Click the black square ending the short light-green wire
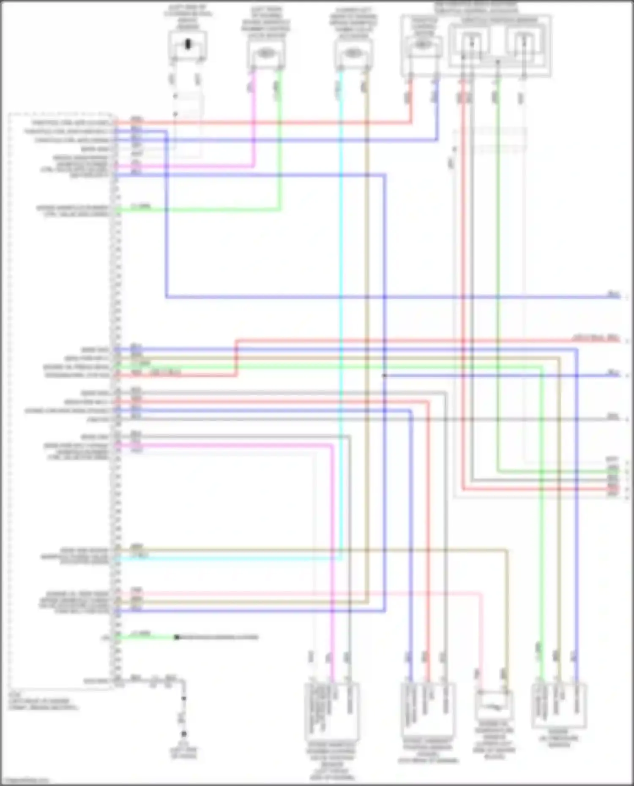177,637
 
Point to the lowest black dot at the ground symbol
184,734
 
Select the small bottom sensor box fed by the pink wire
494,704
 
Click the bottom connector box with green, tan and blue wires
559,704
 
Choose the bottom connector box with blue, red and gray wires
428,710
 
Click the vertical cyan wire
341,296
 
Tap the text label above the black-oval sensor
188,17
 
